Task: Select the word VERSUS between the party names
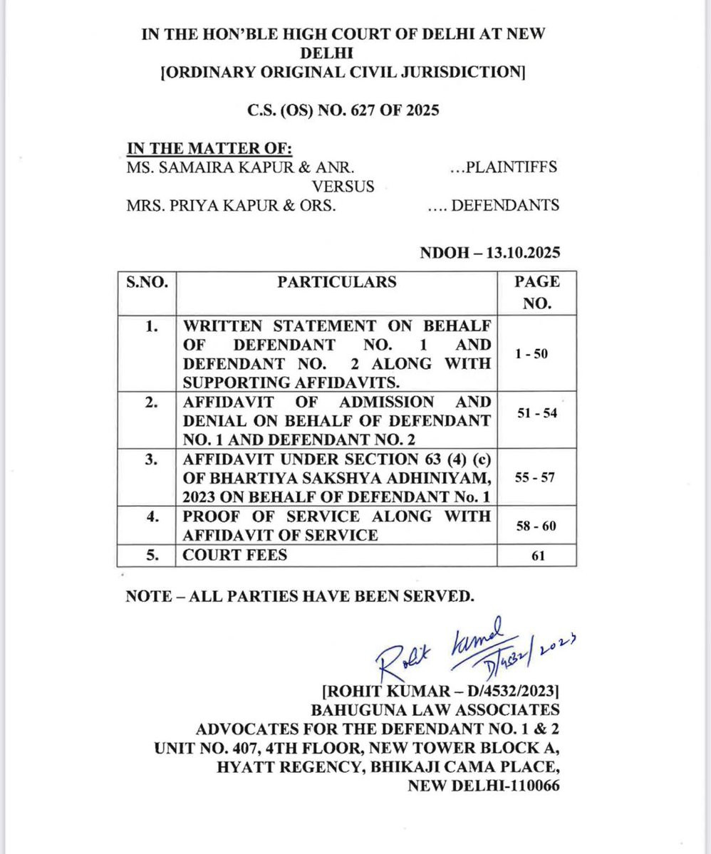tap(344, 187)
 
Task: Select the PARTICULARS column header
tap(336, 281)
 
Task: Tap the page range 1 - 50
tap(532, 353)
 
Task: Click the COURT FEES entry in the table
tap(235, 554)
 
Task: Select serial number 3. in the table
tap(150, 460)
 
